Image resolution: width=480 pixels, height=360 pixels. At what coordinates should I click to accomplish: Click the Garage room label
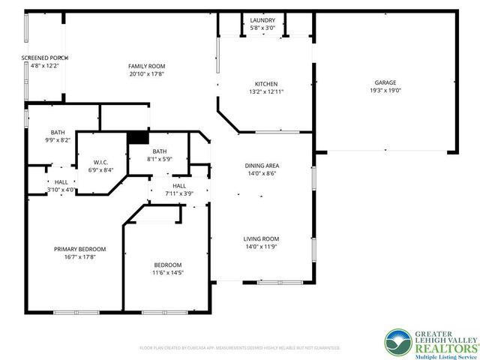pos(385,82)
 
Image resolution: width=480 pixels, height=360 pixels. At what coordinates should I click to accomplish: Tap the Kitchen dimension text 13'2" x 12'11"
pos(266,91)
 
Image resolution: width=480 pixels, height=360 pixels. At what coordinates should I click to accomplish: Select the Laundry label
pos(262,20)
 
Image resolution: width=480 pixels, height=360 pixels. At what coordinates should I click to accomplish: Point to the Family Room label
pos(146,66)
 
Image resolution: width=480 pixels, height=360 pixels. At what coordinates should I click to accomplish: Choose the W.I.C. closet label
pos(102,161)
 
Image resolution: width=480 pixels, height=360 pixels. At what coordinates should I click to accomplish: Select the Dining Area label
pos(262,166)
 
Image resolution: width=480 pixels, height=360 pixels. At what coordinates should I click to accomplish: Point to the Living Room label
pos(262,239)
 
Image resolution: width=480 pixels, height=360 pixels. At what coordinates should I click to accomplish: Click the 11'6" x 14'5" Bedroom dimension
pos(167,273)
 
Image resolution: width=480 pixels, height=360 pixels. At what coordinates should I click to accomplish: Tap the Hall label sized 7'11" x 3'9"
pos(179,185)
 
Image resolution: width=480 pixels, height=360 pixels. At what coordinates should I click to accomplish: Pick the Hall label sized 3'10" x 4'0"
pos(61,181)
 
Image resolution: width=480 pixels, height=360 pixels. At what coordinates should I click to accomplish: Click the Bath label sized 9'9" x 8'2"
pos(58,132)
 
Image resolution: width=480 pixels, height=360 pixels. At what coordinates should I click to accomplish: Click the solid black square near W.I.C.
pos(137,137)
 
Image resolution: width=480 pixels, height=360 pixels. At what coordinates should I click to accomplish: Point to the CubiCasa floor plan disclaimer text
pos(240,348)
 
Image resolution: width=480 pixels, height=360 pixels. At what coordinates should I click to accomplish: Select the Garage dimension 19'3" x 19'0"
pos(385,90)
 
